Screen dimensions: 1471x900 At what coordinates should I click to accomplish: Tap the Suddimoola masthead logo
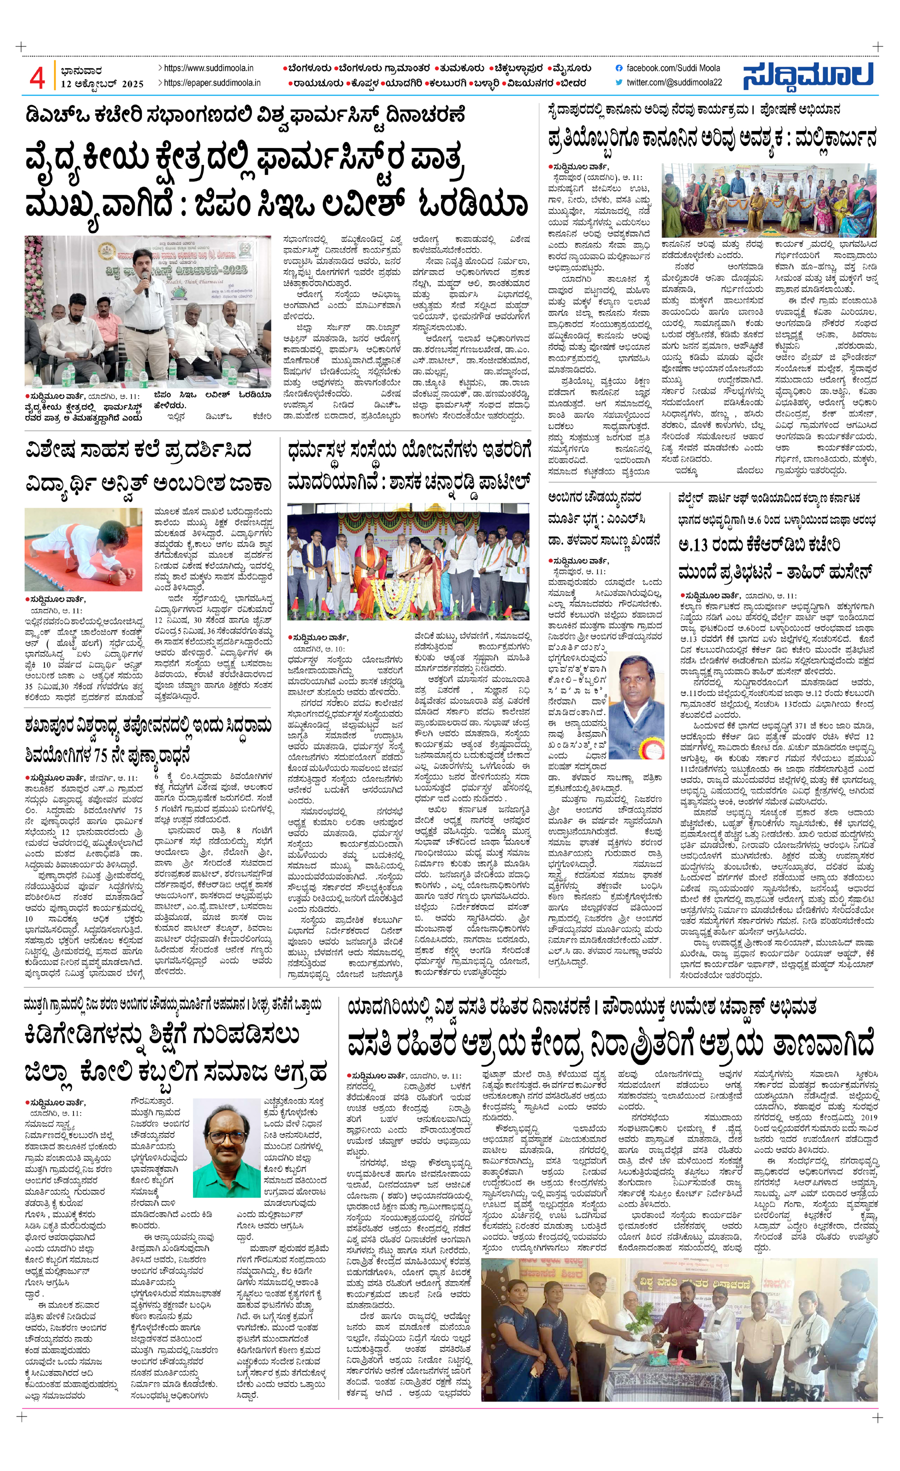808,76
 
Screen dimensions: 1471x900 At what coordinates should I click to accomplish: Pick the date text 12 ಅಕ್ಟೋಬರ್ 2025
102,84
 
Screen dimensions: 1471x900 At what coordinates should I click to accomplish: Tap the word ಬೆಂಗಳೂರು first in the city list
308,68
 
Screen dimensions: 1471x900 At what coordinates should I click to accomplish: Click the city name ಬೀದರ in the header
573,83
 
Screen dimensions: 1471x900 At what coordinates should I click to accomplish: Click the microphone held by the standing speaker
145,289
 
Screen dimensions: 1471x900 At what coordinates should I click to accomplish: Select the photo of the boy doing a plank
83,549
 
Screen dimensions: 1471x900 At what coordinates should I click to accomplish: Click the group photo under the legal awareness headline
769,200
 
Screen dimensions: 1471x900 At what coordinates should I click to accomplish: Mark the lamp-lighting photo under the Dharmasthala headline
407,561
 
